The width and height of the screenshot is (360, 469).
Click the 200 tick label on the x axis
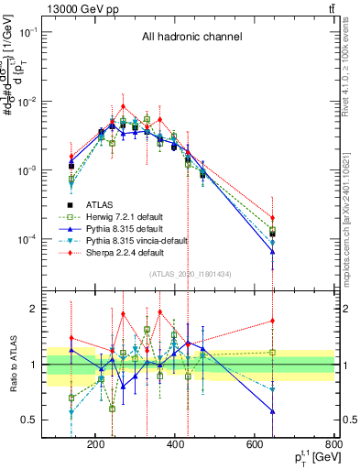95,445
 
